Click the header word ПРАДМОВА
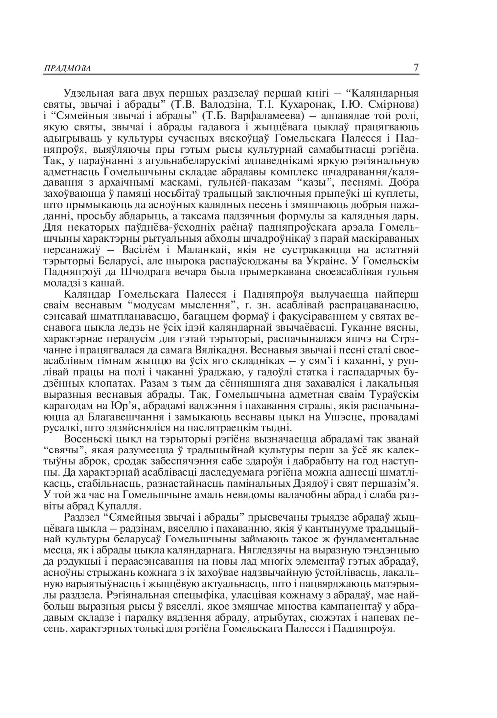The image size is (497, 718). (x=61, y=68)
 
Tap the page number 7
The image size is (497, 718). (x=416, y=67)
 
